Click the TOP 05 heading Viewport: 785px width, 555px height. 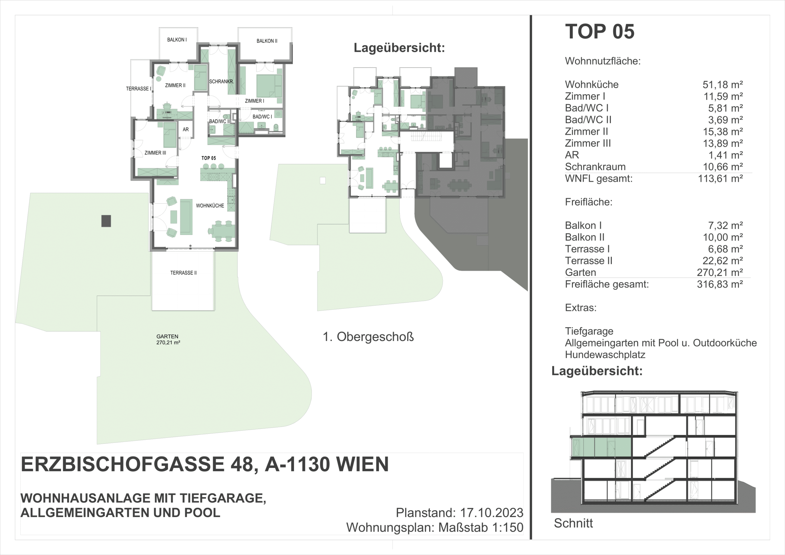click(x=600, y=32)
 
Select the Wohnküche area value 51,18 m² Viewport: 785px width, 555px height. click(x=723, y=84)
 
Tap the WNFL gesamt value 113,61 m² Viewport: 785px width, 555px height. click(x=720, y=178)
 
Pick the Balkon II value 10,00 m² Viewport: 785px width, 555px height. click(x=723, y=237)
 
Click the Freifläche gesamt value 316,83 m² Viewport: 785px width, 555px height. click(x=720, y=284)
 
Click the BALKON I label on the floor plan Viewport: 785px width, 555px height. click(x=177, y=40)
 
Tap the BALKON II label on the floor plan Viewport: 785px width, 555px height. click(x=267, y=41)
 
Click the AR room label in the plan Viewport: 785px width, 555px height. click(x=186, y=130)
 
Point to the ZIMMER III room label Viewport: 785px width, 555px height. click(x=155, y=153)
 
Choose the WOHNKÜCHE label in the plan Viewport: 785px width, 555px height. click(x=210, y=206)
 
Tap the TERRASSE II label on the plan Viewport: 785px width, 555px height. click(x=184, y=273)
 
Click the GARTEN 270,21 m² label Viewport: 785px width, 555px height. click(x=168, y=339)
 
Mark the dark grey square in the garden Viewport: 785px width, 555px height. click(x=106, y=221)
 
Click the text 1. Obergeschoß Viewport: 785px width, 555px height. click(x=368, y=337)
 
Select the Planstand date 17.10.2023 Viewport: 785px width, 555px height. click(x=492, y=513)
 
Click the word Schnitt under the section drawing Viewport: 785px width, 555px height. click(x=573, y=523)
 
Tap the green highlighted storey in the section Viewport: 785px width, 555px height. click(x=601, y=447)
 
